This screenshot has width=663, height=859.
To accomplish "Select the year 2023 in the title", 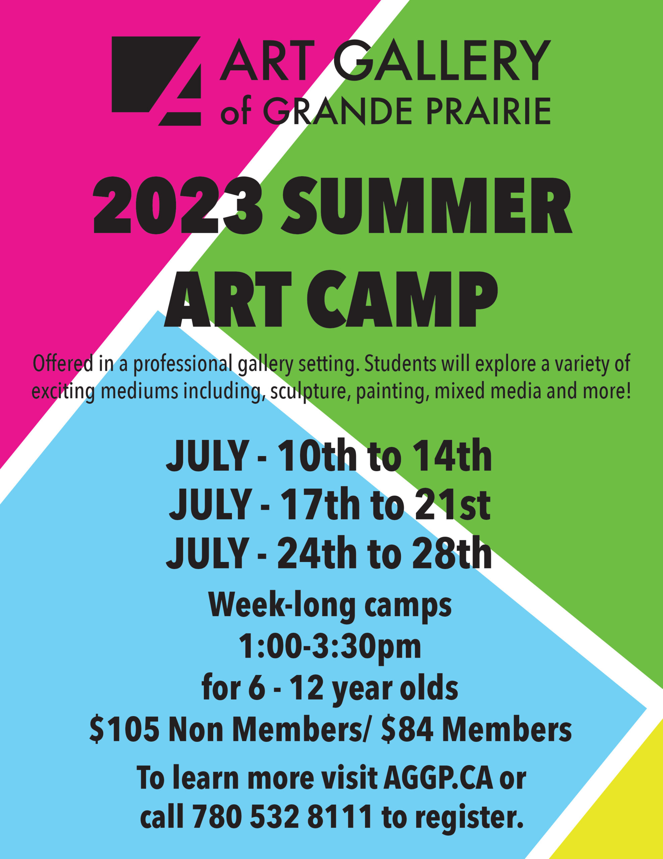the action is [178, 205].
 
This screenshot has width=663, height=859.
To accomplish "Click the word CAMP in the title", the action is [403, 299].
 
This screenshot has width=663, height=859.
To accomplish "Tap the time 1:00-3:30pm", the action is [330, 647].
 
